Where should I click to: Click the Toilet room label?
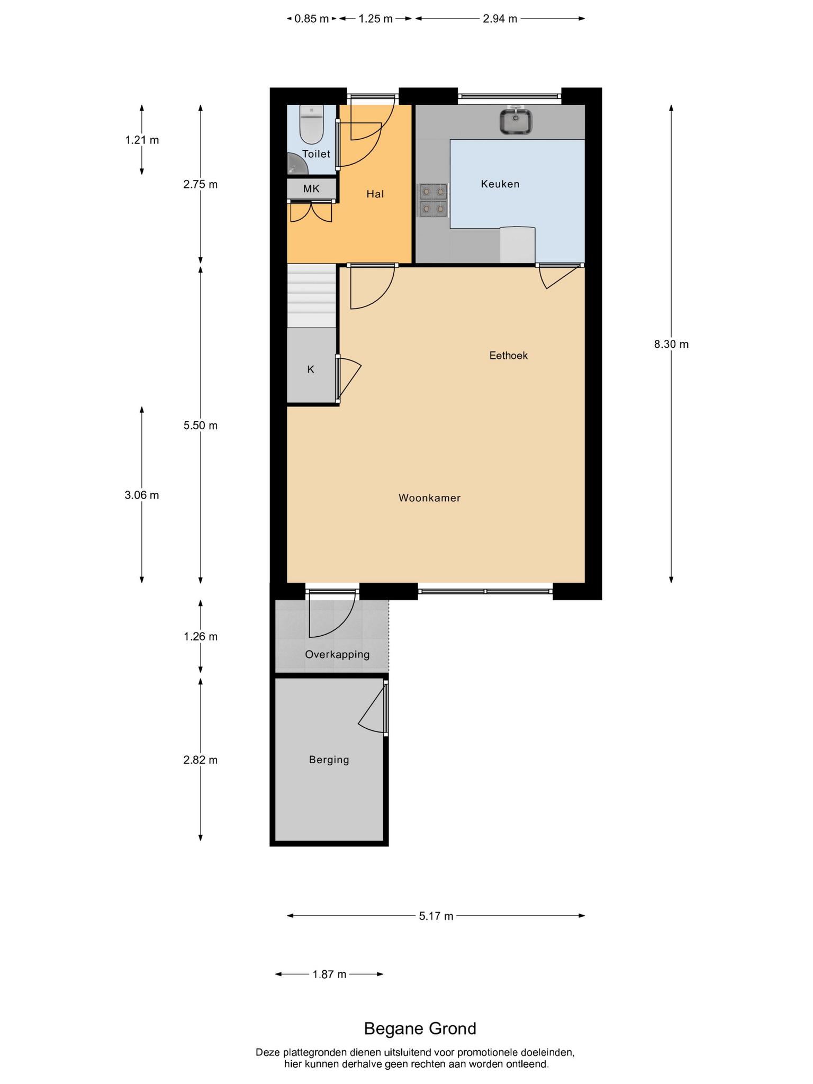pos(316,154)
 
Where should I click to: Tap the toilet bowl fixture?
pos(311,124)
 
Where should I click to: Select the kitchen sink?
pos(516,120)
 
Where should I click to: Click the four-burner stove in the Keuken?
pos(433,201)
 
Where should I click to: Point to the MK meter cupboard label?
pos(311,188)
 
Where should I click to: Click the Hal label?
pos(375,194)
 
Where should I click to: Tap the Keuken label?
pos(500,184)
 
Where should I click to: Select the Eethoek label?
pos(508,356)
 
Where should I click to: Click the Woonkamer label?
pos(429,498)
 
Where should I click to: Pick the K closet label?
pos(311,369)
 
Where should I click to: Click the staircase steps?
pos(312,297)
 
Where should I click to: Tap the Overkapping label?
pos(337,655)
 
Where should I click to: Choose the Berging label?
pos(329,760)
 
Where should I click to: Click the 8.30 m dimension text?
pos(671,345)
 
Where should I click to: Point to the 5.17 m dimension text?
pos(436,916)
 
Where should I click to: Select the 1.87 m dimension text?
pos(329,974)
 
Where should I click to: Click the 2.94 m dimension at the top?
pos(500,19)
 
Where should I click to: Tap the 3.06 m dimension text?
pos(142,495)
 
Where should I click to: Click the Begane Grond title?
pos(420,1028)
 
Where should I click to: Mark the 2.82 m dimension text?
pos(201,760)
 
